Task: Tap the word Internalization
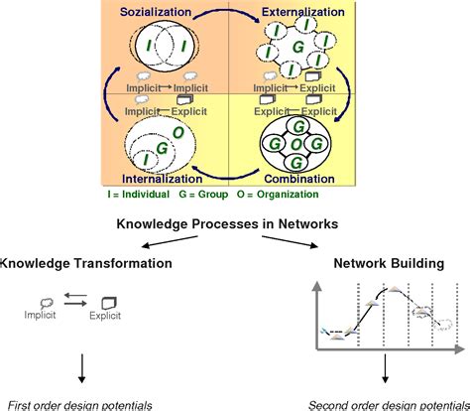click(163, 180)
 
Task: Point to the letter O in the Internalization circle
click(177, 132)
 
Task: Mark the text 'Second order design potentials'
click(387, 404)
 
